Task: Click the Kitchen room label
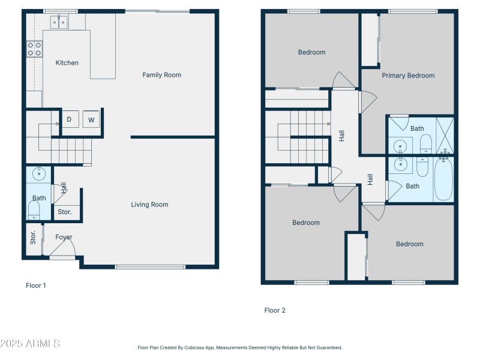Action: (67, 63)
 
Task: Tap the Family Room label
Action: (161, 75)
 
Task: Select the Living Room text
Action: (149, 205)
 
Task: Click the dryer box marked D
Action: (69, 119)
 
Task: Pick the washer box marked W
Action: (92, 119)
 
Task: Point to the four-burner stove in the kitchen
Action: (34, 49)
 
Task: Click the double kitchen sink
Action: (59, 23)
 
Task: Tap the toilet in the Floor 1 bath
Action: (34, 210)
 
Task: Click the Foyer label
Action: (64, 237)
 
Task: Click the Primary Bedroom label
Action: (408, 76)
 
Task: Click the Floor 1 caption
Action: (35, 286)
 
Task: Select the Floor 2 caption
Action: (275, 310)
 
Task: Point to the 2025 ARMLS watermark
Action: (30, 344)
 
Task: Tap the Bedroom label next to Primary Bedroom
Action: (311, 52)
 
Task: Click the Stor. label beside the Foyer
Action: (34, 237)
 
